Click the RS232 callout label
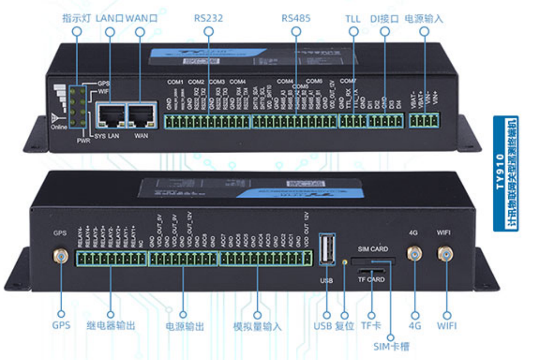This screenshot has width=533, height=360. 208,18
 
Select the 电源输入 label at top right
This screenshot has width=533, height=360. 424,18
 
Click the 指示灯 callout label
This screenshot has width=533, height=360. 77,18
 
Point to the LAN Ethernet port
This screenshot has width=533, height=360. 110,114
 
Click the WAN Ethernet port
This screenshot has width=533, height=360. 141,114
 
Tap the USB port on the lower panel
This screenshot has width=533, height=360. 327,249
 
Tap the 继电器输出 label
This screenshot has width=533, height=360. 110,326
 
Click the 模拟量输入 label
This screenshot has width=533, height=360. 257,326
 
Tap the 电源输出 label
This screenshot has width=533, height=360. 183,326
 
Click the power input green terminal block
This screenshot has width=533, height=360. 424,121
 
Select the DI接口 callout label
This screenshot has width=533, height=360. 385,18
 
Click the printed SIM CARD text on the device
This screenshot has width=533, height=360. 373,249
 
